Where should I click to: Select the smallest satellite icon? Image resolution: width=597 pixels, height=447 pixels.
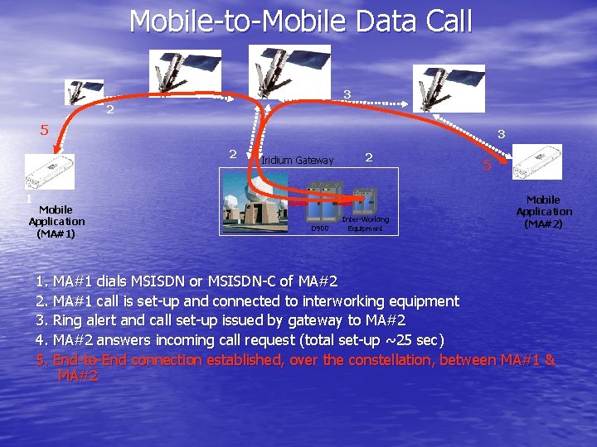point(84,92)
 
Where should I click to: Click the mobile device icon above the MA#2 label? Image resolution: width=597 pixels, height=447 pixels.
point(538,161)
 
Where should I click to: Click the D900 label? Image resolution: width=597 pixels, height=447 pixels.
point(319,228)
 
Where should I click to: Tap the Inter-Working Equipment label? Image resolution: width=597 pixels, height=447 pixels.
point(365,223)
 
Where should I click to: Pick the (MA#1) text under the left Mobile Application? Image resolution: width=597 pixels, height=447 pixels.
point(56,233)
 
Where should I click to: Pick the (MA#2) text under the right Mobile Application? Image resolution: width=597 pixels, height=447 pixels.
point(544,223)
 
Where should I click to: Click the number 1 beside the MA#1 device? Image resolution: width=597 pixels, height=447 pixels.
point(27,199)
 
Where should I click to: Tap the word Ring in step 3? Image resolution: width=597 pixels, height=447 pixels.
point(69,321)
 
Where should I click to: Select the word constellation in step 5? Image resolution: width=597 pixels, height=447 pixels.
point(388,360)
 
